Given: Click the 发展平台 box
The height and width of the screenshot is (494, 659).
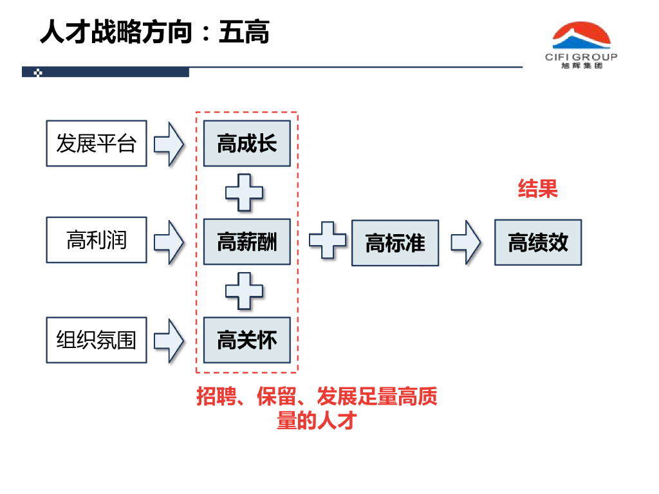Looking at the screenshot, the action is (x=97, y=143).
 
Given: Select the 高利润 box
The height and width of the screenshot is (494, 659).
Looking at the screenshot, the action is (x=97, y=240).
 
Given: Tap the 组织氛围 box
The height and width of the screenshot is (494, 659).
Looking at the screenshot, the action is (x=97, y=340).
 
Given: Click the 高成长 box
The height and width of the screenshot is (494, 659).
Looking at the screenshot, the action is (x=246, y=143).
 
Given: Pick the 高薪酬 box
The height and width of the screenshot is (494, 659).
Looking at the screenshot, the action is (x=246, y=242).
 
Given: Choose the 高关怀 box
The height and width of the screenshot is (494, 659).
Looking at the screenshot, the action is (x=246, y=340).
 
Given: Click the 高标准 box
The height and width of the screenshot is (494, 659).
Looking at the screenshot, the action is (x=395, y=242).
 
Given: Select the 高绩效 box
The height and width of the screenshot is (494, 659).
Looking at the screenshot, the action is (x=538, y=242).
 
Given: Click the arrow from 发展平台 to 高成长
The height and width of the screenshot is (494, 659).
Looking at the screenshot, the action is (x=169, y=143).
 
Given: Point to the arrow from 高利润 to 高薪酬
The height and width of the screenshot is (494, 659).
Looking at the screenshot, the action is (x=169, y=242).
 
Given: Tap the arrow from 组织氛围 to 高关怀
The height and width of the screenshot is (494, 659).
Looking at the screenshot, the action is (x=169, y=340).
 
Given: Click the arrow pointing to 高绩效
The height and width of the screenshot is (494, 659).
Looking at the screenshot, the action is (x=466, y=242).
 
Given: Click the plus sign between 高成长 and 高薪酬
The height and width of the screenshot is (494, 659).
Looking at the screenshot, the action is (x=244, y=192).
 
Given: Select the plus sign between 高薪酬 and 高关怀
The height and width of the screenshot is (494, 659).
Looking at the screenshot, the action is (x=244, y=291).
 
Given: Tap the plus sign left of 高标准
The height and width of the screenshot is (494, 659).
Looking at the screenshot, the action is (x=328, y=240).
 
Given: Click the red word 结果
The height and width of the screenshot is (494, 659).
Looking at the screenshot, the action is (x=537, y=188).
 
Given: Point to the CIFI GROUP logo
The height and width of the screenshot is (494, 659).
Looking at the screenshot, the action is (x=581, y=45).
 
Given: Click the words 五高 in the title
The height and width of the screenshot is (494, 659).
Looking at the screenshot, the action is (x=244, y=32).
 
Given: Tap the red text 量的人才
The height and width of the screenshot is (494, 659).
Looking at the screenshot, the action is (x=317, y=420).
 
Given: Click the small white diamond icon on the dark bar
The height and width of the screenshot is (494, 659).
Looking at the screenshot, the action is (x=38, y=73).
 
